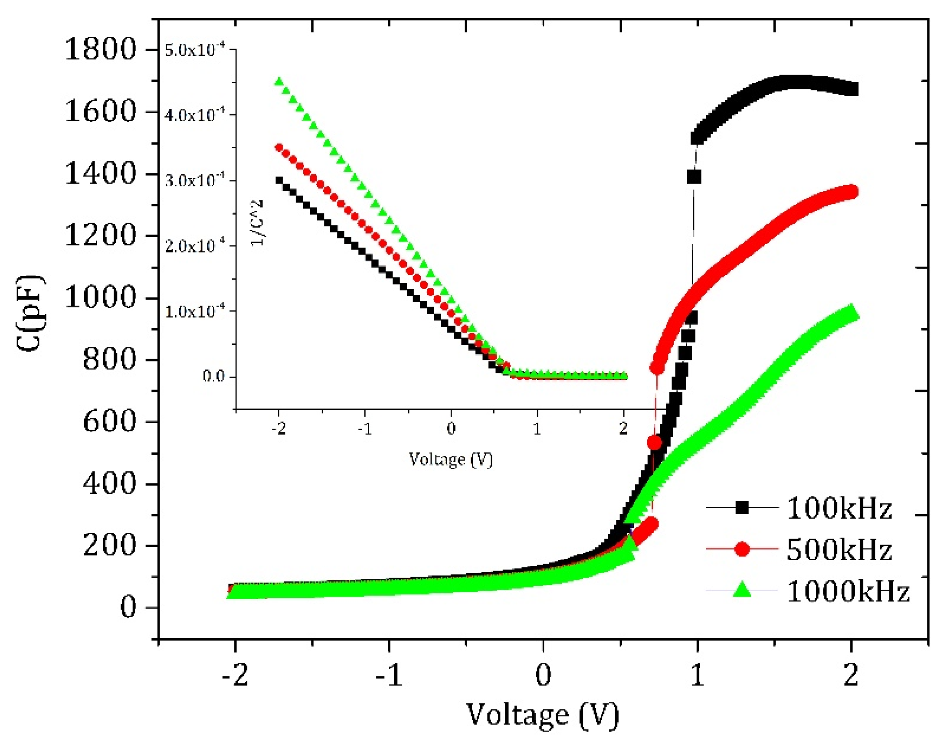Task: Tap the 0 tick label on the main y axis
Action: point(128,608)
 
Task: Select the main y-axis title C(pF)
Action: point(30,313)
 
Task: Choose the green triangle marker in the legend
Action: point(741,590)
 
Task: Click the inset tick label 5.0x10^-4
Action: point(194,50)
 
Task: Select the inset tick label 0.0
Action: point(213,376)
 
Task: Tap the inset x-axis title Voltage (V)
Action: point(450,460)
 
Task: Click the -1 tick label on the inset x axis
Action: point(365,429)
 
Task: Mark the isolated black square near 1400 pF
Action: point(694,177)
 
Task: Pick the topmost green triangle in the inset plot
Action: point(279,81)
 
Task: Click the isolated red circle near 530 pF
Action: point(655,442)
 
